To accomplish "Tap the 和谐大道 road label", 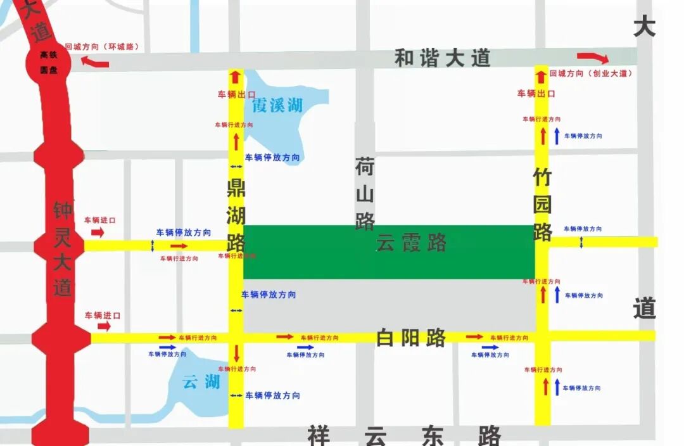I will click(443, 58).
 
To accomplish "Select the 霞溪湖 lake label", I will click(277, 105).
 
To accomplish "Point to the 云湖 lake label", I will click(201, 381).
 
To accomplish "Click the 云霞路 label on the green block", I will click(411, 242).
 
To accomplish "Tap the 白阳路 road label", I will click(411, 338).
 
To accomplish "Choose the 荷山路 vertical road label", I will click(365, 194).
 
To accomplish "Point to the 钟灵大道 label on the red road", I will click(63, 249).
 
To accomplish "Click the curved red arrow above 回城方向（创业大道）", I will click(593, 58).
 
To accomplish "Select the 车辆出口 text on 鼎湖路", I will click(236, 94).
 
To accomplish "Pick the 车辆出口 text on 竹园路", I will click(536, 94).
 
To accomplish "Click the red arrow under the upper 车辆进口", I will click(98, 233).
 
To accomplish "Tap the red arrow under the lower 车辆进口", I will click(104, 326).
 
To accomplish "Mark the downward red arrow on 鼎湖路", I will click(236, 352).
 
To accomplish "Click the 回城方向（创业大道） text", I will click(592, 74).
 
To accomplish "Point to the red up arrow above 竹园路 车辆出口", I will click(541, 77).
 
